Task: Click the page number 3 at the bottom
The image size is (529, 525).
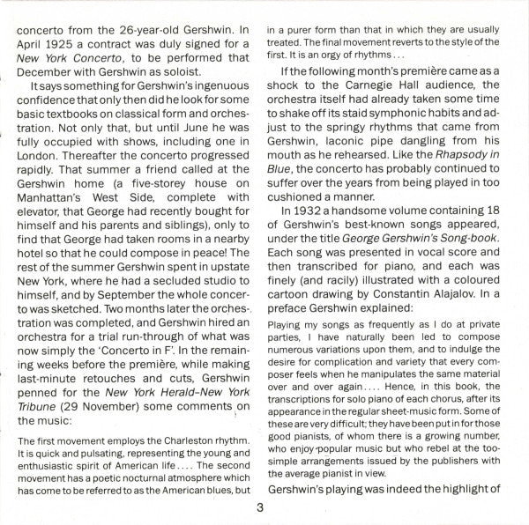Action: click(x=258, y=507)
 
